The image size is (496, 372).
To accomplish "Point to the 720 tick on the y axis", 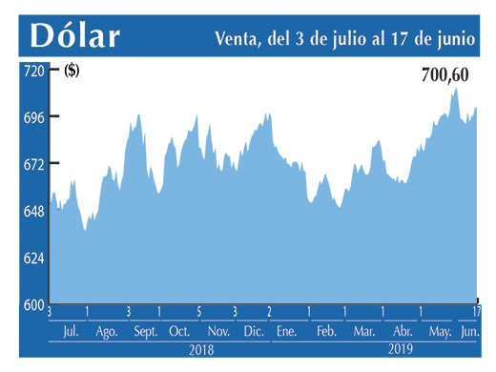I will (x=33, y=71).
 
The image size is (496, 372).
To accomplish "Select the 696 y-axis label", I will (x=33, y=117).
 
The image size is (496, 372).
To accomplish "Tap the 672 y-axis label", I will (x=33, y=164).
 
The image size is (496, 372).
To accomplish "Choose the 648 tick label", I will (x=33, y=211).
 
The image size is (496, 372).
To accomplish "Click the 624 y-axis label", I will (x=33, y=258).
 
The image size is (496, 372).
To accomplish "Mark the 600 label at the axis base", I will (x=33, y=304).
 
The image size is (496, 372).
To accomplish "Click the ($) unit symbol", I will (x=72, y=71).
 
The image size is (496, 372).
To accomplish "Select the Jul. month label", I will (x=70, y=331).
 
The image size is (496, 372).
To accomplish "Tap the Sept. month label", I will (x=146, y=331).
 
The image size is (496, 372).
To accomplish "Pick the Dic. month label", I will (x=253, y=331).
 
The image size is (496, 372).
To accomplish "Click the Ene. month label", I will (x=286, y=331).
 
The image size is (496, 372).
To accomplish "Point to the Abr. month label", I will (x=400, y=331).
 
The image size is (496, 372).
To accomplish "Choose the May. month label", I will (x=440, y=331).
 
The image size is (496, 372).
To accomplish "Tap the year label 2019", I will (x=400, y=350).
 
